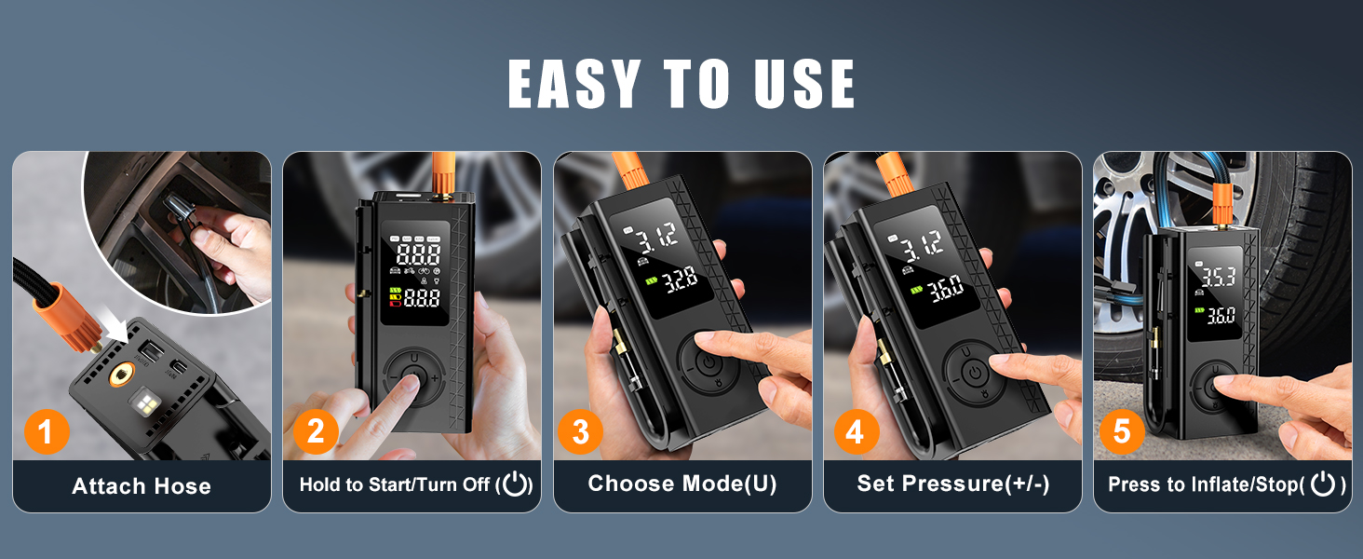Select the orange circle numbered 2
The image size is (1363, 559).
(316, 431)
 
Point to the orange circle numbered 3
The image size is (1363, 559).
(581, 432)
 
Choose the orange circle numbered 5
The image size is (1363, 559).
(1122, 432)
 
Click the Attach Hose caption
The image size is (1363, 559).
(142, 485)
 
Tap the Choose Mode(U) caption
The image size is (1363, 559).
(682, 484)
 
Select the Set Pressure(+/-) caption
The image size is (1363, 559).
(952, 484)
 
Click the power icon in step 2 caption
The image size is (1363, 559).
(515, 484)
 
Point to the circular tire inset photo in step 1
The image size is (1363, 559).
(177, 228)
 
